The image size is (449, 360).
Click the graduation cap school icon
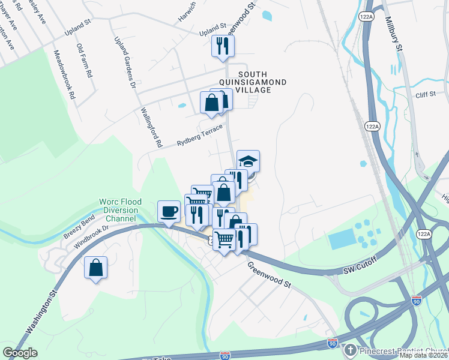click(x=248, y=161)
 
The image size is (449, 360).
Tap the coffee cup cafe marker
click(x=169, y=211)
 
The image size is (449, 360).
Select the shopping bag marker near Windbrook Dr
click(x=96, y=268)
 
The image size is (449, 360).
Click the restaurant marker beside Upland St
click(x=223, y=46)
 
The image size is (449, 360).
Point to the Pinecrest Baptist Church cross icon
click(x=350, y=350)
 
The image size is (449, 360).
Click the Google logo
click(x=20, y=353)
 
